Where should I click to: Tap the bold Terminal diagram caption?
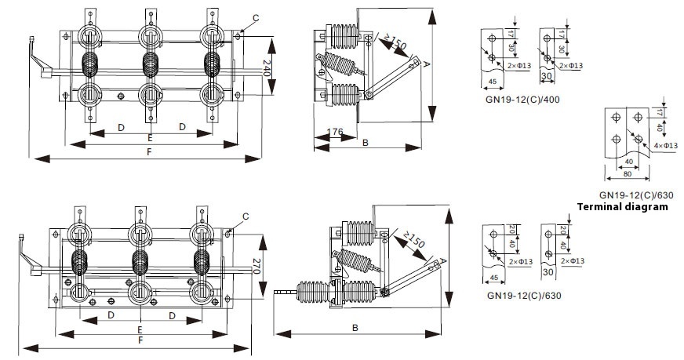tap(622, 207)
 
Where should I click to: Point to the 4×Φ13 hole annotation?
tap(665, 145)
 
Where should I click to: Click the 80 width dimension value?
tap(628, 174)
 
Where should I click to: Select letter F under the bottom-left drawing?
tap(140, 341)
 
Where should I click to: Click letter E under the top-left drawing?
tap(150, 136)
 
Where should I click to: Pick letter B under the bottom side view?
tap(355, 328)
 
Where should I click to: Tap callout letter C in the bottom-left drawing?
tap(246, 216)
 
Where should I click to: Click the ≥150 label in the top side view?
tap(395, 44)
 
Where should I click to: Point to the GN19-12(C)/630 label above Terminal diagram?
tap(636, 195)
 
